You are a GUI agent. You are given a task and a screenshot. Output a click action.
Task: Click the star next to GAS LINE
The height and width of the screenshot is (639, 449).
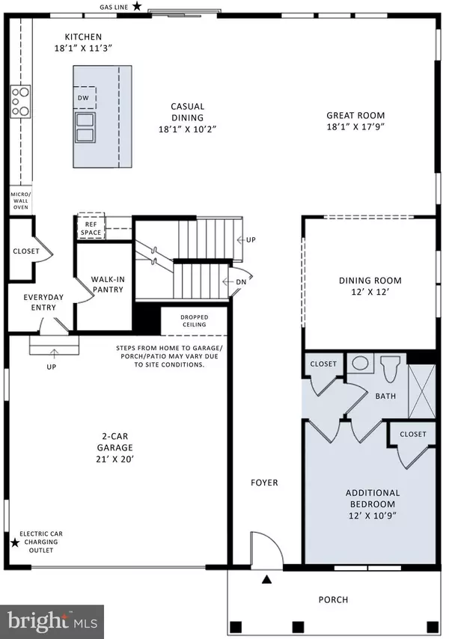click(x=136, y=6)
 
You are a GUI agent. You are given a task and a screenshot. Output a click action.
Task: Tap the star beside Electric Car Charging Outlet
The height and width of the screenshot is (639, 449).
click(x=14, y=542)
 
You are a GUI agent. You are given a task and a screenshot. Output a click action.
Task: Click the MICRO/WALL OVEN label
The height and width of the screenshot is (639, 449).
click(x=19, y=201)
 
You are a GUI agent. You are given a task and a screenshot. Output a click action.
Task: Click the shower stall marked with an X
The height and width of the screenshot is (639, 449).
click(x=421, y=388)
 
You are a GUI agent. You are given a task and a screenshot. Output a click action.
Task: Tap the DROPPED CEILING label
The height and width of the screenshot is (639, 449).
click(x=194, y=321)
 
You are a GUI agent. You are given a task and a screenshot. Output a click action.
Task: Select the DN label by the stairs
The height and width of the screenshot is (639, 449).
click(x=240, y=282)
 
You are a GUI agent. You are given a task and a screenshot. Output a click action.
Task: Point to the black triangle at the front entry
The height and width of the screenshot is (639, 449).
click(x=266, y=578)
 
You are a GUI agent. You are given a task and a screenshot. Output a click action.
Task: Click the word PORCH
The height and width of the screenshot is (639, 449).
click(x=332, y=599)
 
